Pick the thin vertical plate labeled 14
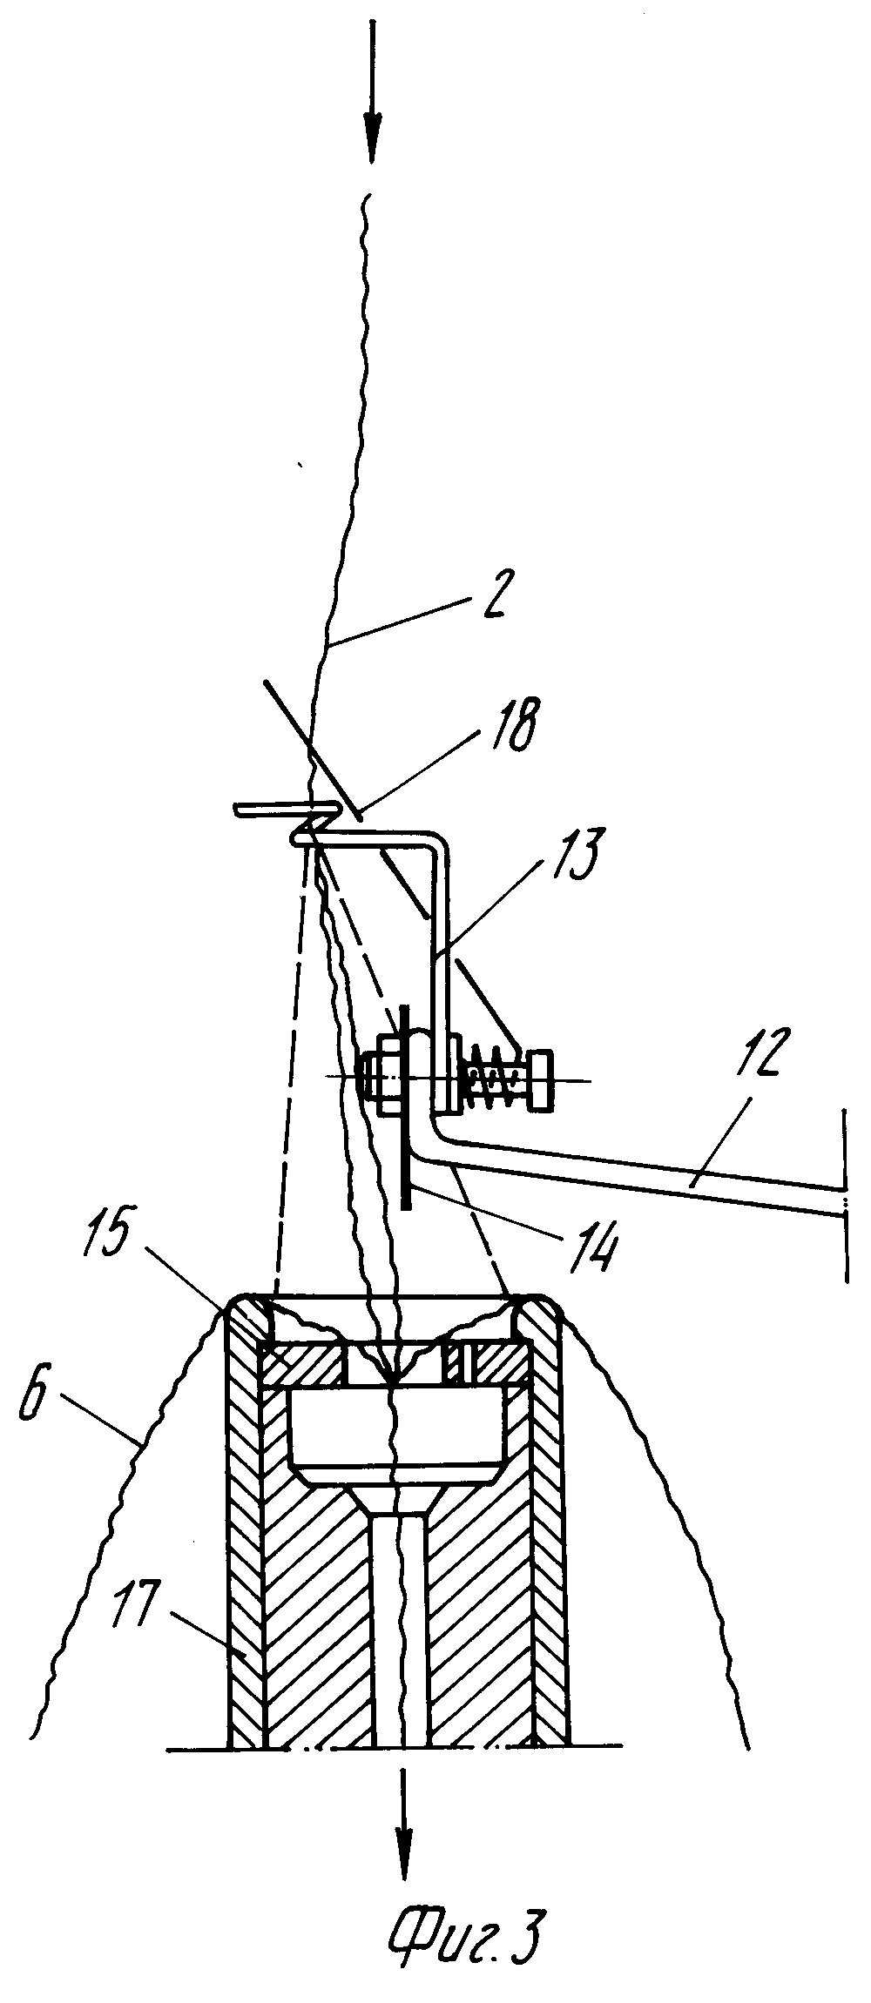pos(405,1149)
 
